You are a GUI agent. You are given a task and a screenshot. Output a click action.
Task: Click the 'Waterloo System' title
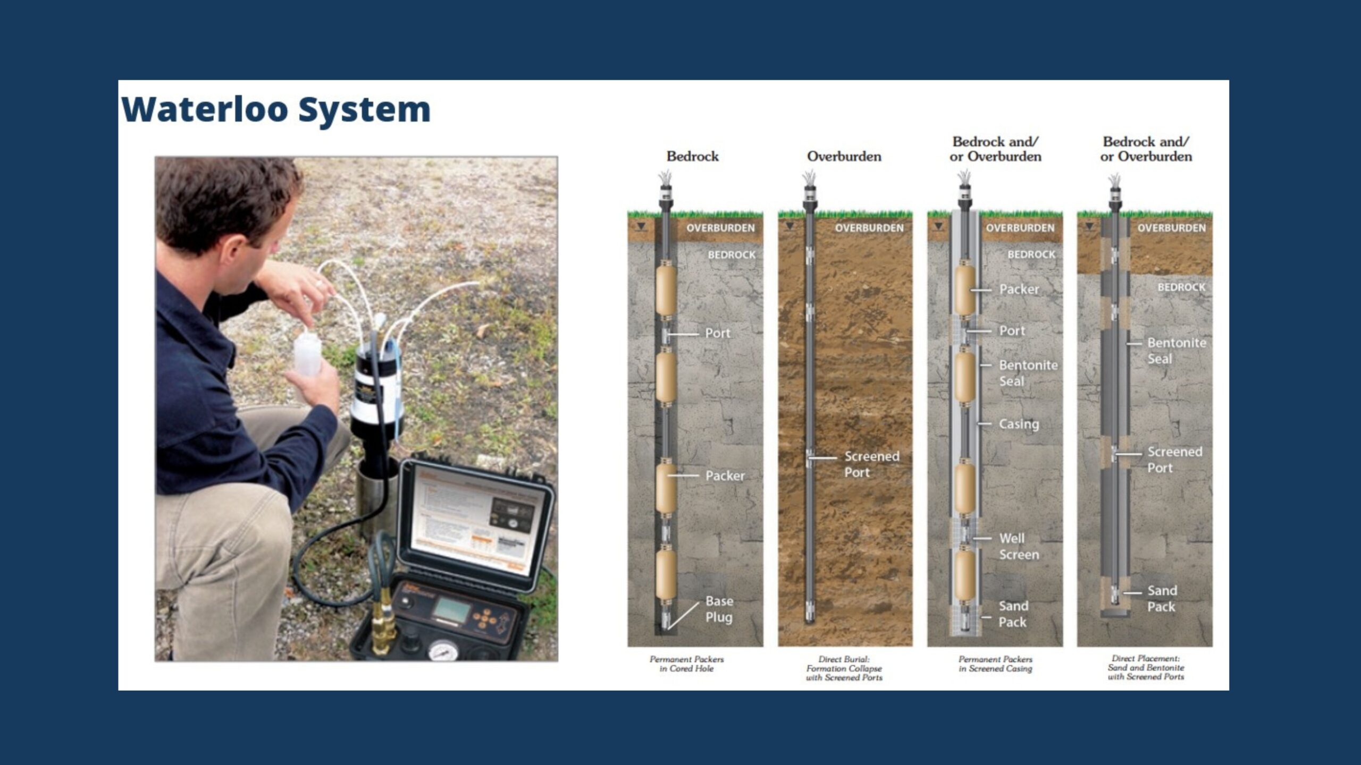[276, 109]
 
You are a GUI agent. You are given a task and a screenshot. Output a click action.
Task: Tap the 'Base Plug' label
[719, 609]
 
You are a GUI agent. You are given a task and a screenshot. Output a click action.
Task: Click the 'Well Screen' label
[1019, 546]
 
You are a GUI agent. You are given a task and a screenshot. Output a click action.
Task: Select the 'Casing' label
[1019, 424]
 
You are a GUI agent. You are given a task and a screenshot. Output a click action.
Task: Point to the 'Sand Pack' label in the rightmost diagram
[1162, 598]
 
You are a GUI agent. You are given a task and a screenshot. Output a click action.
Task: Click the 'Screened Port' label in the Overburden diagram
[872, 464]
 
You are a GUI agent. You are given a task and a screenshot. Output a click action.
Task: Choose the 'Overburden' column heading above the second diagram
[844, 156]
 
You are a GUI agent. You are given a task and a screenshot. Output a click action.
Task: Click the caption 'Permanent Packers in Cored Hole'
[686, 664]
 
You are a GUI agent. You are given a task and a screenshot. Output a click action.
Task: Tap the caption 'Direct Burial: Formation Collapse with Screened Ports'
[844, 668]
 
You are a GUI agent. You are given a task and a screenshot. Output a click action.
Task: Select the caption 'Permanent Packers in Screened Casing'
[995, 664]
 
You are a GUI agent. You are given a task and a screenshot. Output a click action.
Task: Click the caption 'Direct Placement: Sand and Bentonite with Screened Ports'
[1146, 667]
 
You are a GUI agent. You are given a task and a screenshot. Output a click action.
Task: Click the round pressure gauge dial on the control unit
[441, 650]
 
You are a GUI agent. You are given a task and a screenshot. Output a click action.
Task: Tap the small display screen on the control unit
[451, 610]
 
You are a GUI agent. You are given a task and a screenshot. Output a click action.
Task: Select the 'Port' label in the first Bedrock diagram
[718, 333]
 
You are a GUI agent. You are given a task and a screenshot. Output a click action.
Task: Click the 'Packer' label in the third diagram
[1019, 290]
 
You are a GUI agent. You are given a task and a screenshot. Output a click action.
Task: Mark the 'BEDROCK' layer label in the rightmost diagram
[1181, 287]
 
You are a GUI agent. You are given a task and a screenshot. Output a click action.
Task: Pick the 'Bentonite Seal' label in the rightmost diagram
[1176, 351]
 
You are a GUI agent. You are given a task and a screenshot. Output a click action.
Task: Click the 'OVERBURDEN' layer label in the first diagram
[720, 228]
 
